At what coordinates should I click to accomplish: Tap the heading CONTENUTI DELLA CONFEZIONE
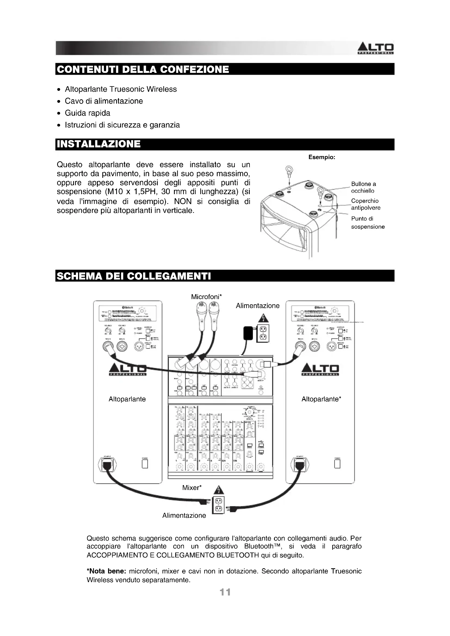[x=143, y=69]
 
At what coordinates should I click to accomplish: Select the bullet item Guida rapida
[x=87, y=113]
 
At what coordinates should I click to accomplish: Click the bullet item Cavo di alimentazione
[x=104, y=101]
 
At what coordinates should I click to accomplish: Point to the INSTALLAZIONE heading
[x=99, y=144]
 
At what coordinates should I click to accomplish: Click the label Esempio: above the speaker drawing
[x=322, y=157]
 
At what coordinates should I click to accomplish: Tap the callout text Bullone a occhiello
[x=363, y=187]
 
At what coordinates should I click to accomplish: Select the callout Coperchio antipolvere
[x=365, y=204]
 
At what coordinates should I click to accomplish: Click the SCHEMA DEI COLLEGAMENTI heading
[x=134, y=276]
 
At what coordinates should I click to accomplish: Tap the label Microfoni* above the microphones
[x=206, y=297]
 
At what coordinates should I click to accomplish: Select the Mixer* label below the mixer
[x=192, y=488]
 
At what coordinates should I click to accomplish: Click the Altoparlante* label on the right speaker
[x=321, y=399]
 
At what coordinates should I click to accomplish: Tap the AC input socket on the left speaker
[x=107, y=464]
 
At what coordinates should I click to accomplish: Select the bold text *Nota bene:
[x=106, y=571]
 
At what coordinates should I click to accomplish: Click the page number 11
[x=225, y=592]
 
